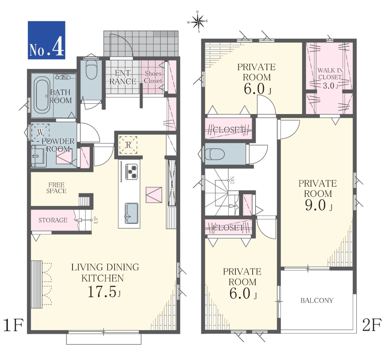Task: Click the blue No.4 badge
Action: pyautogui.click(x=47, y=40)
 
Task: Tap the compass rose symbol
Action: pyautogui.click(x=198, y=22)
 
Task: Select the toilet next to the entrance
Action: pyautogui.click(x=91, y=70)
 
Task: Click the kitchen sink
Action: pyautogui.click(x=131, y=213)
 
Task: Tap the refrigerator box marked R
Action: pyautogui.click(x=128, y=145)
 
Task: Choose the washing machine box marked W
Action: pyautogui.click(x=40, y=133)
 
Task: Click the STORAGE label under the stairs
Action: pyautogui.click(x=53, y=220)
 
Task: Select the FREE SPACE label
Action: pyautogui.click(x=56, y=188)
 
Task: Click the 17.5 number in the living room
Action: pyautogui.click(x=102, y=292)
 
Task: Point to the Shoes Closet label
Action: pyautogui.click(x=153, y=77)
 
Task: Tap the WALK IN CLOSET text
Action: pyautogui.click(x=330, y=74)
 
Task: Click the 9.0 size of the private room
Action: pyautogui.click(x=315, y=205)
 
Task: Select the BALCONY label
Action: pyautogui.click(x=317, y=300)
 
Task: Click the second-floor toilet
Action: pyautogui.click(x=215, y=154)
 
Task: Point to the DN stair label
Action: pyautogui.click(x=232, y=180)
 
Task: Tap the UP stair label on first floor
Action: pyautogui.click(x=96, y=220)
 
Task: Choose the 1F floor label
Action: pyautogui.click(x=14, y=325)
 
